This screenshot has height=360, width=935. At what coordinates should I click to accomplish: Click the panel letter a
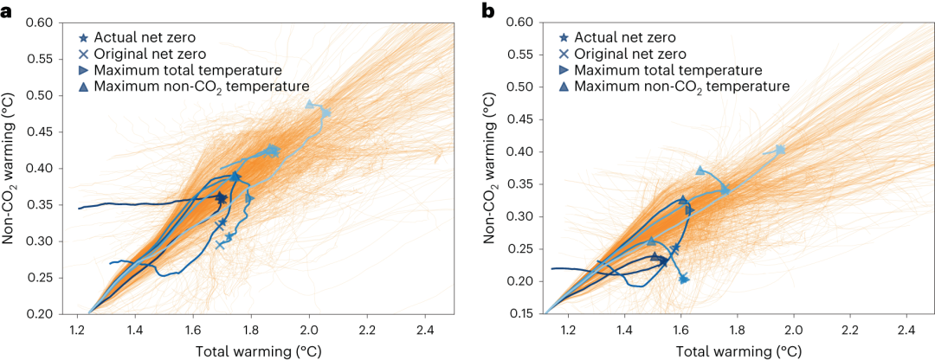[6, 10]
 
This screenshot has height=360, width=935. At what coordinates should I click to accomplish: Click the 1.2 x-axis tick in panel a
[77, 329]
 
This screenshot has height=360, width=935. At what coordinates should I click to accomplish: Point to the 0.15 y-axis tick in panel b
[525, 314]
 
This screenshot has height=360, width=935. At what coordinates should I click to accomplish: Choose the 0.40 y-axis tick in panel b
[525, 152]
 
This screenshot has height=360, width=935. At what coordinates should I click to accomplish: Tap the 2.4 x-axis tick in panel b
[906, 329]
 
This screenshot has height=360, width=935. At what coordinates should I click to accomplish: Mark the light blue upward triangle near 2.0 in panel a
[309, 105]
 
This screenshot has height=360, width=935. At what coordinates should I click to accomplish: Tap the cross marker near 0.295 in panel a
[219, 245]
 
